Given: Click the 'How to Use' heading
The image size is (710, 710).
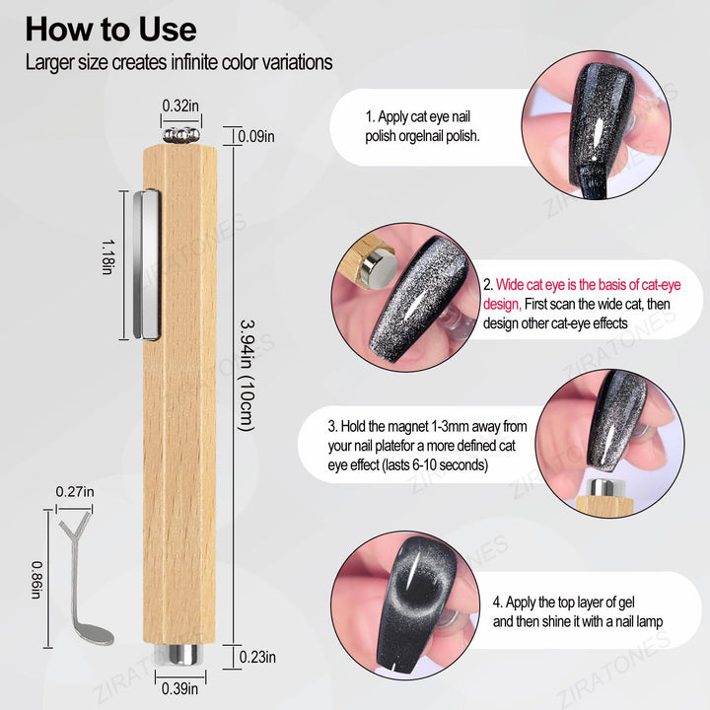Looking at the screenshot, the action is [x=110, y=30].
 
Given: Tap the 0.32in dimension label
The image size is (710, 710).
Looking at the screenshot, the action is [x=180, y=106].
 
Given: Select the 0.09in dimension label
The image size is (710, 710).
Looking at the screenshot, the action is [x=256, y=136].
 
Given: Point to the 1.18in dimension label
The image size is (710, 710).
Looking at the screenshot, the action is [x=108, y=256].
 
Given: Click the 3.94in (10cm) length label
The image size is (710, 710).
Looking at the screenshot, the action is [x=248, y=376].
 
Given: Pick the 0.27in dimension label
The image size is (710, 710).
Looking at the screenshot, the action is [x=75, y=491].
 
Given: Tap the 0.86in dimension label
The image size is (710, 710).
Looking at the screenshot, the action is [x=37, y=580].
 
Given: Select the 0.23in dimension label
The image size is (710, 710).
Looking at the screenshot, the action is [x=257, y=657].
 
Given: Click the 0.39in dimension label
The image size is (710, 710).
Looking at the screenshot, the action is [x=179, y=688].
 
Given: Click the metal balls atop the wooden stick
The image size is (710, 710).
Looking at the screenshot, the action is [x=181, y=135].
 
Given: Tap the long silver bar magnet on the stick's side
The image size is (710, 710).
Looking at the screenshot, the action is [x=147, y=265].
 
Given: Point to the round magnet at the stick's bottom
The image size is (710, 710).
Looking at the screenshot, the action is [x=180, y=655].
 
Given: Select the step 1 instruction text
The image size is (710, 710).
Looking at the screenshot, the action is [x=422, y=126].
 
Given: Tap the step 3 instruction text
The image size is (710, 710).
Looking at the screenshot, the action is [x=427, y=446].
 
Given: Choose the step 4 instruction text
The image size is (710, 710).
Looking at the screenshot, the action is [x=577, y=611].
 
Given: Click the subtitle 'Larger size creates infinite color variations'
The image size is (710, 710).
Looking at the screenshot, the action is [x=178, y=62].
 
